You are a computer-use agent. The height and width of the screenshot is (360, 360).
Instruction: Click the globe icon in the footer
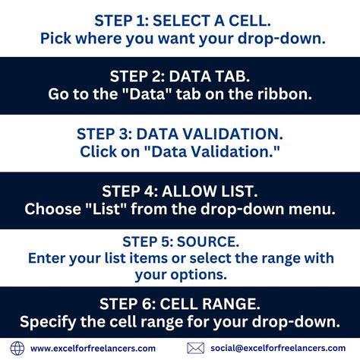17,348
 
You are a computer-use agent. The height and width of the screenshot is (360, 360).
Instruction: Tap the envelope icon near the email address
195,348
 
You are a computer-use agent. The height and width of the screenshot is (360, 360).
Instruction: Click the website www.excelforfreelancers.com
93,349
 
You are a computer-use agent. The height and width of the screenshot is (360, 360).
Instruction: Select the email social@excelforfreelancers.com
278,348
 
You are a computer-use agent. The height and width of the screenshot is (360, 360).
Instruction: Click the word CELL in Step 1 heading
250,21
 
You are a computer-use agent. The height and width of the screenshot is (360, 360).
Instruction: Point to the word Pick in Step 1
55,39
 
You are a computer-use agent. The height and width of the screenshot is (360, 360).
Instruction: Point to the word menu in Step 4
312,209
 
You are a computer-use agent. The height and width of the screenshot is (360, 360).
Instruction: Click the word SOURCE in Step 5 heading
208,242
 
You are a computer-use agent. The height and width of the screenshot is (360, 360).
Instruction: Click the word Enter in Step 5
46,258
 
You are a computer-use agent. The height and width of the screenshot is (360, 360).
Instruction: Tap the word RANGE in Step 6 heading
231,304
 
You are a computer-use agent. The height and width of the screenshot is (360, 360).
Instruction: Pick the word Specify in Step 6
48,322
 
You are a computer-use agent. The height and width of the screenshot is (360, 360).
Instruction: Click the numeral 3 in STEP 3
123,134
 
